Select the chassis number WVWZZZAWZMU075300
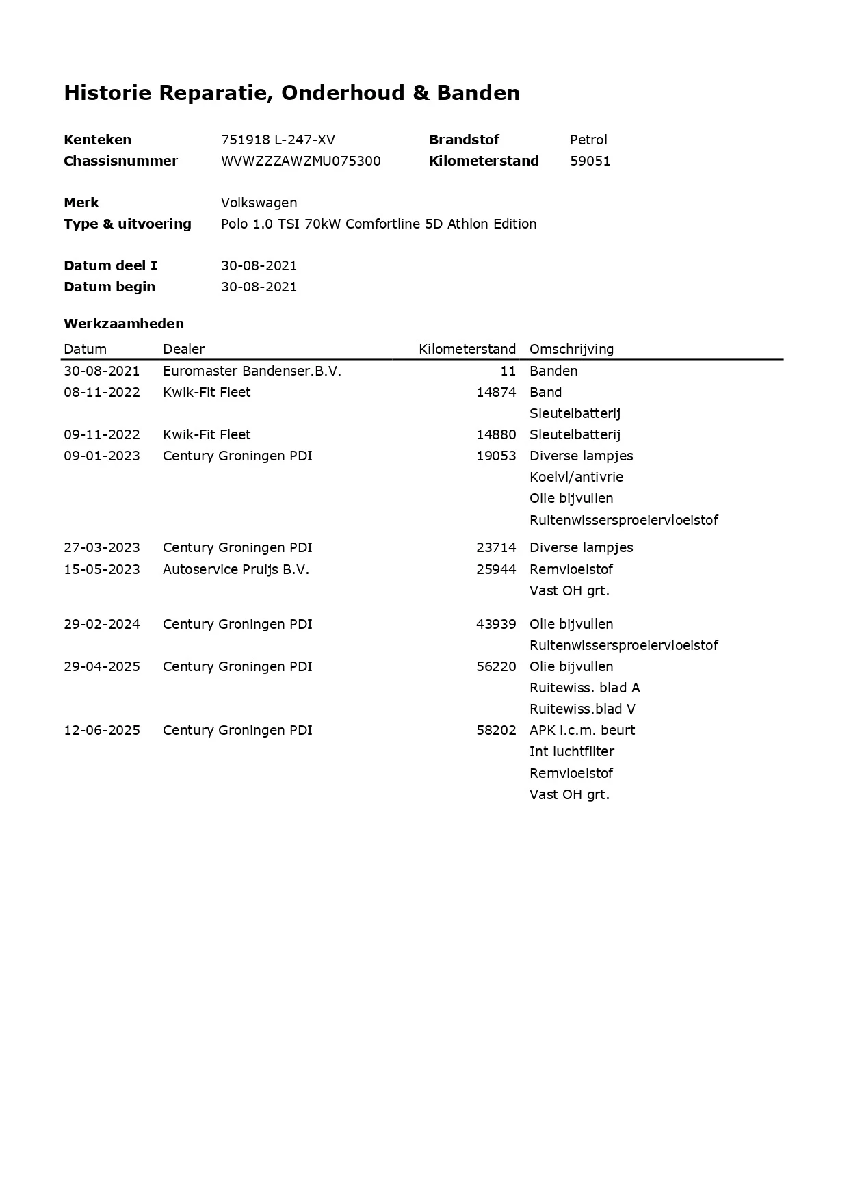(300, 161)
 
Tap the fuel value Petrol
(588, 140)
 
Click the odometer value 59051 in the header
(590, 161)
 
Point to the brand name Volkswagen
(259, 203)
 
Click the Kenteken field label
(97, 140)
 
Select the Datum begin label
(109, 287)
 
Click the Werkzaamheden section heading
(124, 324)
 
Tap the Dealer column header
(183, 349)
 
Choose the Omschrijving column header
(571, 349)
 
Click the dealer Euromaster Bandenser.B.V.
(252, 371)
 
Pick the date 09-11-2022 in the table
(101, 434)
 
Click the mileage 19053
(496, 456)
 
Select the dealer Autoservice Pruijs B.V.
(236, 569)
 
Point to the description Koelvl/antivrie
(576, 477)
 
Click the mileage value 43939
(496, 624)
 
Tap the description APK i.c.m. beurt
(582, 730)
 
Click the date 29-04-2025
(101, 666)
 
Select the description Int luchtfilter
(571, 751)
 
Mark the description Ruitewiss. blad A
(584, 688)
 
